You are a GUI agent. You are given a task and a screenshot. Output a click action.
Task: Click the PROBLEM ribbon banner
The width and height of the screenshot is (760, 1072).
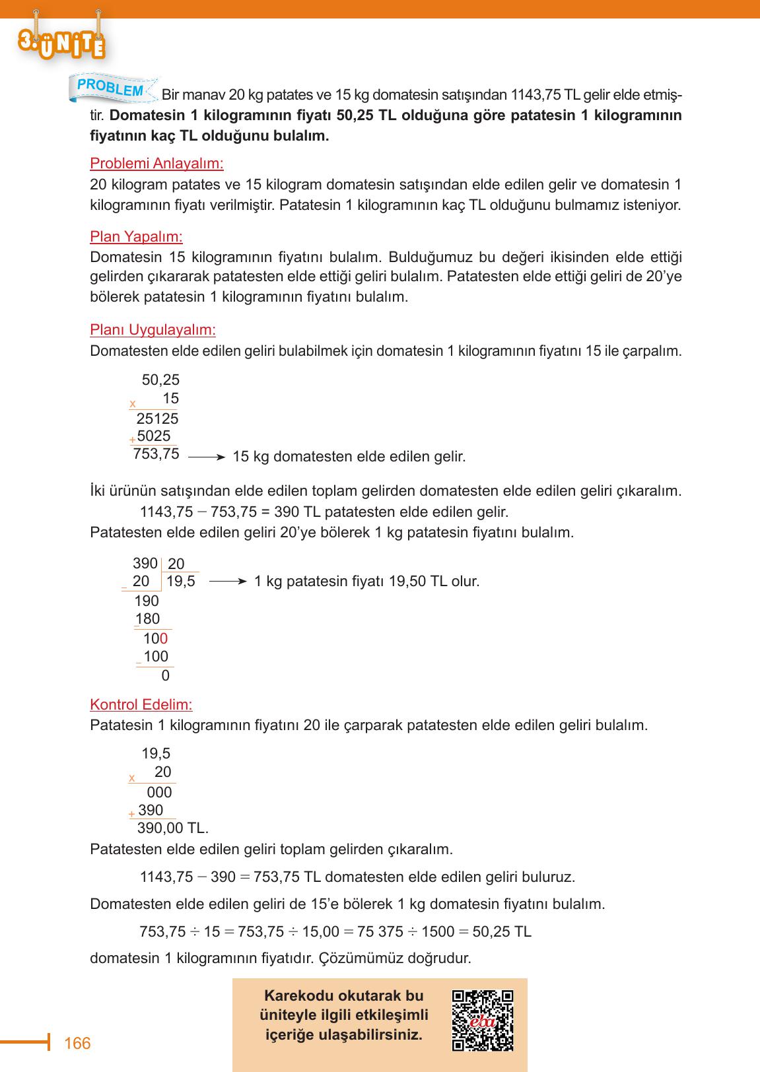(112, 87)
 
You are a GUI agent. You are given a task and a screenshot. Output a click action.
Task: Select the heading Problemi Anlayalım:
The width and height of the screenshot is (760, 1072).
(156, 163)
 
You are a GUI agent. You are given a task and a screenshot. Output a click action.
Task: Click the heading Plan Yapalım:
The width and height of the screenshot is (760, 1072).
(136, 236)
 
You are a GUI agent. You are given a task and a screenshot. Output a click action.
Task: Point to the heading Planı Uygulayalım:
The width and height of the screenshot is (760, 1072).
(153, 329)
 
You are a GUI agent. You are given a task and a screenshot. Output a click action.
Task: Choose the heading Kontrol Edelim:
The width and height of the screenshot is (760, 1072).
(141, 704)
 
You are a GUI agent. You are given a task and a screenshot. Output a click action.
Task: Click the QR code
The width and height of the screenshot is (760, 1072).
(483, 1021)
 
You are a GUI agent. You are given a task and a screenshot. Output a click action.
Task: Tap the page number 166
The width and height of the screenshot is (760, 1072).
(77, 1044)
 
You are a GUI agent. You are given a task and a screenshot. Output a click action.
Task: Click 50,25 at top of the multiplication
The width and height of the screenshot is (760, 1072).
(160, 380)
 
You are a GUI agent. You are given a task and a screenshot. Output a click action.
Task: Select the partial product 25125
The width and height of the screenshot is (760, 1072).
(157, 419)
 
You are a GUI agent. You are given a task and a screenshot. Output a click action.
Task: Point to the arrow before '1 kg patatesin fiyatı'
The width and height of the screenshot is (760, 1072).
(228, 582)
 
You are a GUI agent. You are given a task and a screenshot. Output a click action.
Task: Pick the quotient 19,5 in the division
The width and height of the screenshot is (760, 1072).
(180, 582)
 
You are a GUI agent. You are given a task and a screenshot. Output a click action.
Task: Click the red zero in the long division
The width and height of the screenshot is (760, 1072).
(164, 638)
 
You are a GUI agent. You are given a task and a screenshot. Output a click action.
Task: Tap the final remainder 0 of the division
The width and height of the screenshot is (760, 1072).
(166, 676)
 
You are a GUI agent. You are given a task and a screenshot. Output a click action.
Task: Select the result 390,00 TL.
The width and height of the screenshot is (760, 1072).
(172, 828)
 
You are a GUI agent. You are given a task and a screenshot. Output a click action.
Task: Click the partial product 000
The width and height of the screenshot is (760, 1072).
(159, 792)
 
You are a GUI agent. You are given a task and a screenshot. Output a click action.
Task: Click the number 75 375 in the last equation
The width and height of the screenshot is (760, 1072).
(380, 931)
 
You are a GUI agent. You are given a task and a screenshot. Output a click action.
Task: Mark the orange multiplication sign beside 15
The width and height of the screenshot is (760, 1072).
(133, 403)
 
